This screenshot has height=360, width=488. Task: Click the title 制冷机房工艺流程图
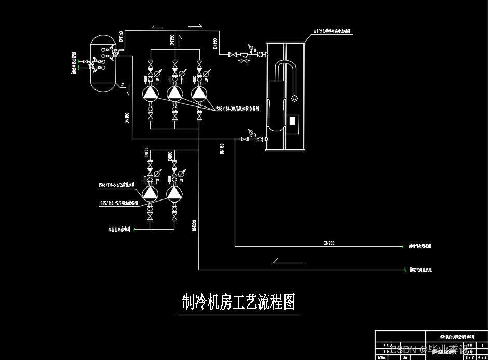pyautogui.click(x=238, y=301)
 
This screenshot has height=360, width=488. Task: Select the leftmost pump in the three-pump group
pyautogui.click(x=150, y=92)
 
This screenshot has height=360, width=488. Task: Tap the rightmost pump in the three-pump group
pyautogui.click(x=199, y=92)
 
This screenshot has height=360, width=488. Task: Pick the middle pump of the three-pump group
pyautogui.click(x=174, y=92)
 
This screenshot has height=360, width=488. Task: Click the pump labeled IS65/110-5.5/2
pyautogui.click(x=150, y=193)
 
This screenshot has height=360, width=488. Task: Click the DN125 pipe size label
pyautogui.click(x=146, y=152)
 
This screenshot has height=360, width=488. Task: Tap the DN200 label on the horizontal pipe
pyautogui.click(x=330, y=243)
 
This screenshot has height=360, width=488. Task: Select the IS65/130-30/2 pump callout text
pyautogui.click(x=237, y=109)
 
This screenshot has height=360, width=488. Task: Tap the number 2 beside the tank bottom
pyautogui.click(x=123, y=84)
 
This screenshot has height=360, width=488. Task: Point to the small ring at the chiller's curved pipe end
pyautogui.click(x=295, y=97)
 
